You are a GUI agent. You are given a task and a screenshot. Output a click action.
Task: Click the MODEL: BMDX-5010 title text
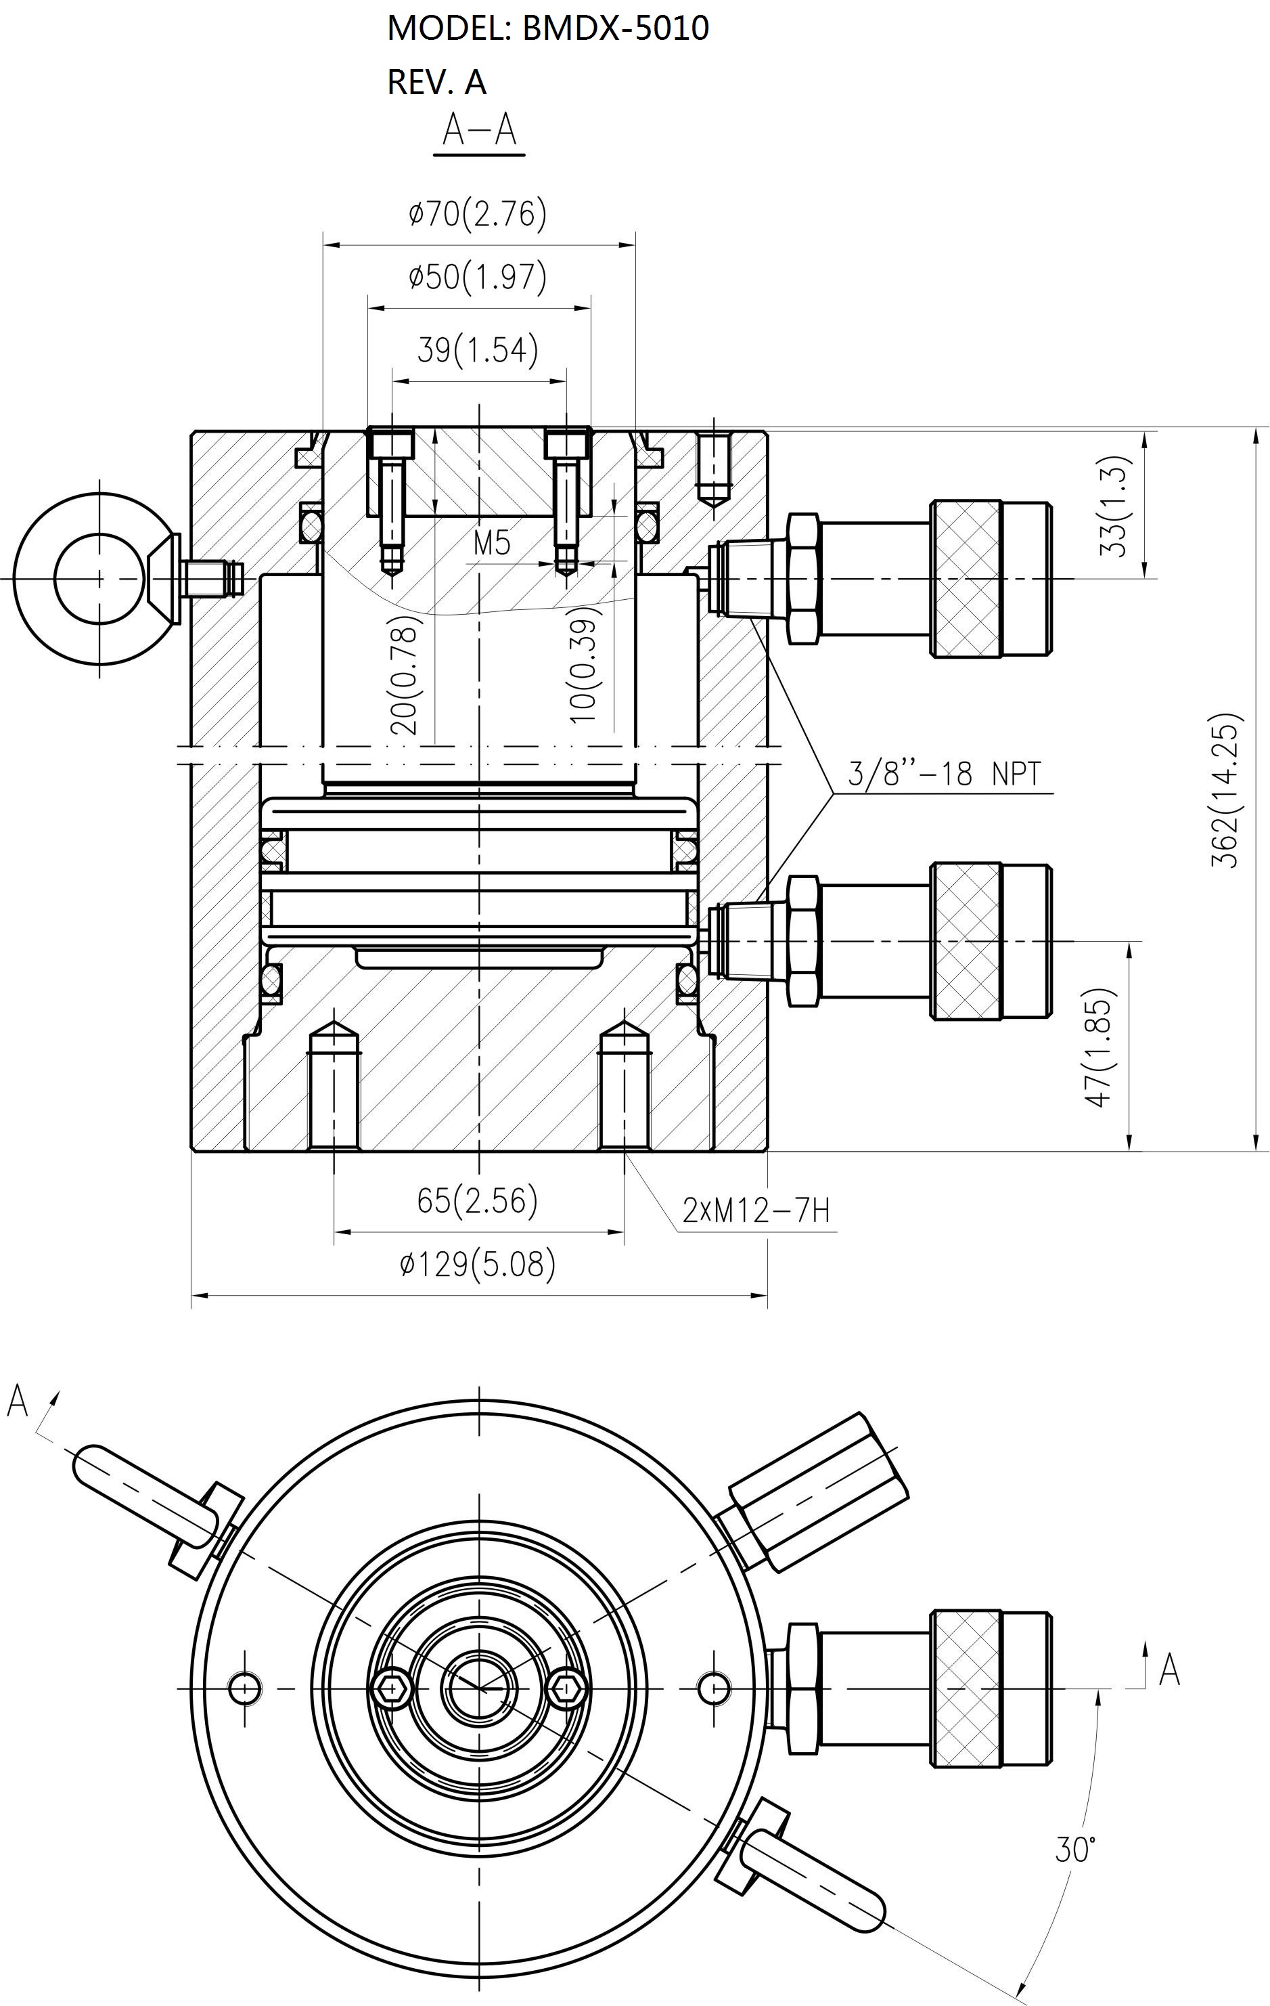click(x=548, y=28)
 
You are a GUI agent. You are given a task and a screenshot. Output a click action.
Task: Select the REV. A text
click(x=436, y=82)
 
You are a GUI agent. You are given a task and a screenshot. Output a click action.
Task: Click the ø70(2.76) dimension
click(x=477, y=214)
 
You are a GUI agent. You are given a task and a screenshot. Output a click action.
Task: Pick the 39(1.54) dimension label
click(x=478, y=350)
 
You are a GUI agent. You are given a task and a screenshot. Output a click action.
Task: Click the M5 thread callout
click(x=491, y=543)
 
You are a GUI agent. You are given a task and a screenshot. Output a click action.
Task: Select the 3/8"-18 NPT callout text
click(x=945, y=774)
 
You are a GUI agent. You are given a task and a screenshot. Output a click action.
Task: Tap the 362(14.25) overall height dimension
click(x=1226, y=789)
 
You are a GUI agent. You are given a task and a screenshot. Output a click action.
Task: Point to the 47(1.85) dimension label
click(x=1097, y=1047)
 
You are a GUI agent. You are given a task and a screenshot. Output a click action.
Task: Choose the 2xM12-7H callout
click(x=756, y=1210)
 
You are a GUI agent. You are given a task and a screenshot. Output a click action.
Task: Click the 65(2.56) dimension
click(x=477, y=1200)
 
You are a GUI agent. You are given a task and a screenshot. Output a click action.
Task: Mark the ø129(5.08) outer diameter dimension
click(x=477, y=1264)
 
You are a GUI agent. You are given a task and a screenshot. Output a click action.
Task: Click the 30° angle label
click(x=1074, y=1850)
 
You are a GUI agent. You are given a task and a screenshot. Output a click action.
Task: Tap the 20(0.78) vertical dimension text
click(x=403, y=675)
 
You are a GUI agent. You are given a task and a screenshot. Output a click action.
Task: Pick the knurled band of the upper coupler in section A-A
click(x=966, y=579)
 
